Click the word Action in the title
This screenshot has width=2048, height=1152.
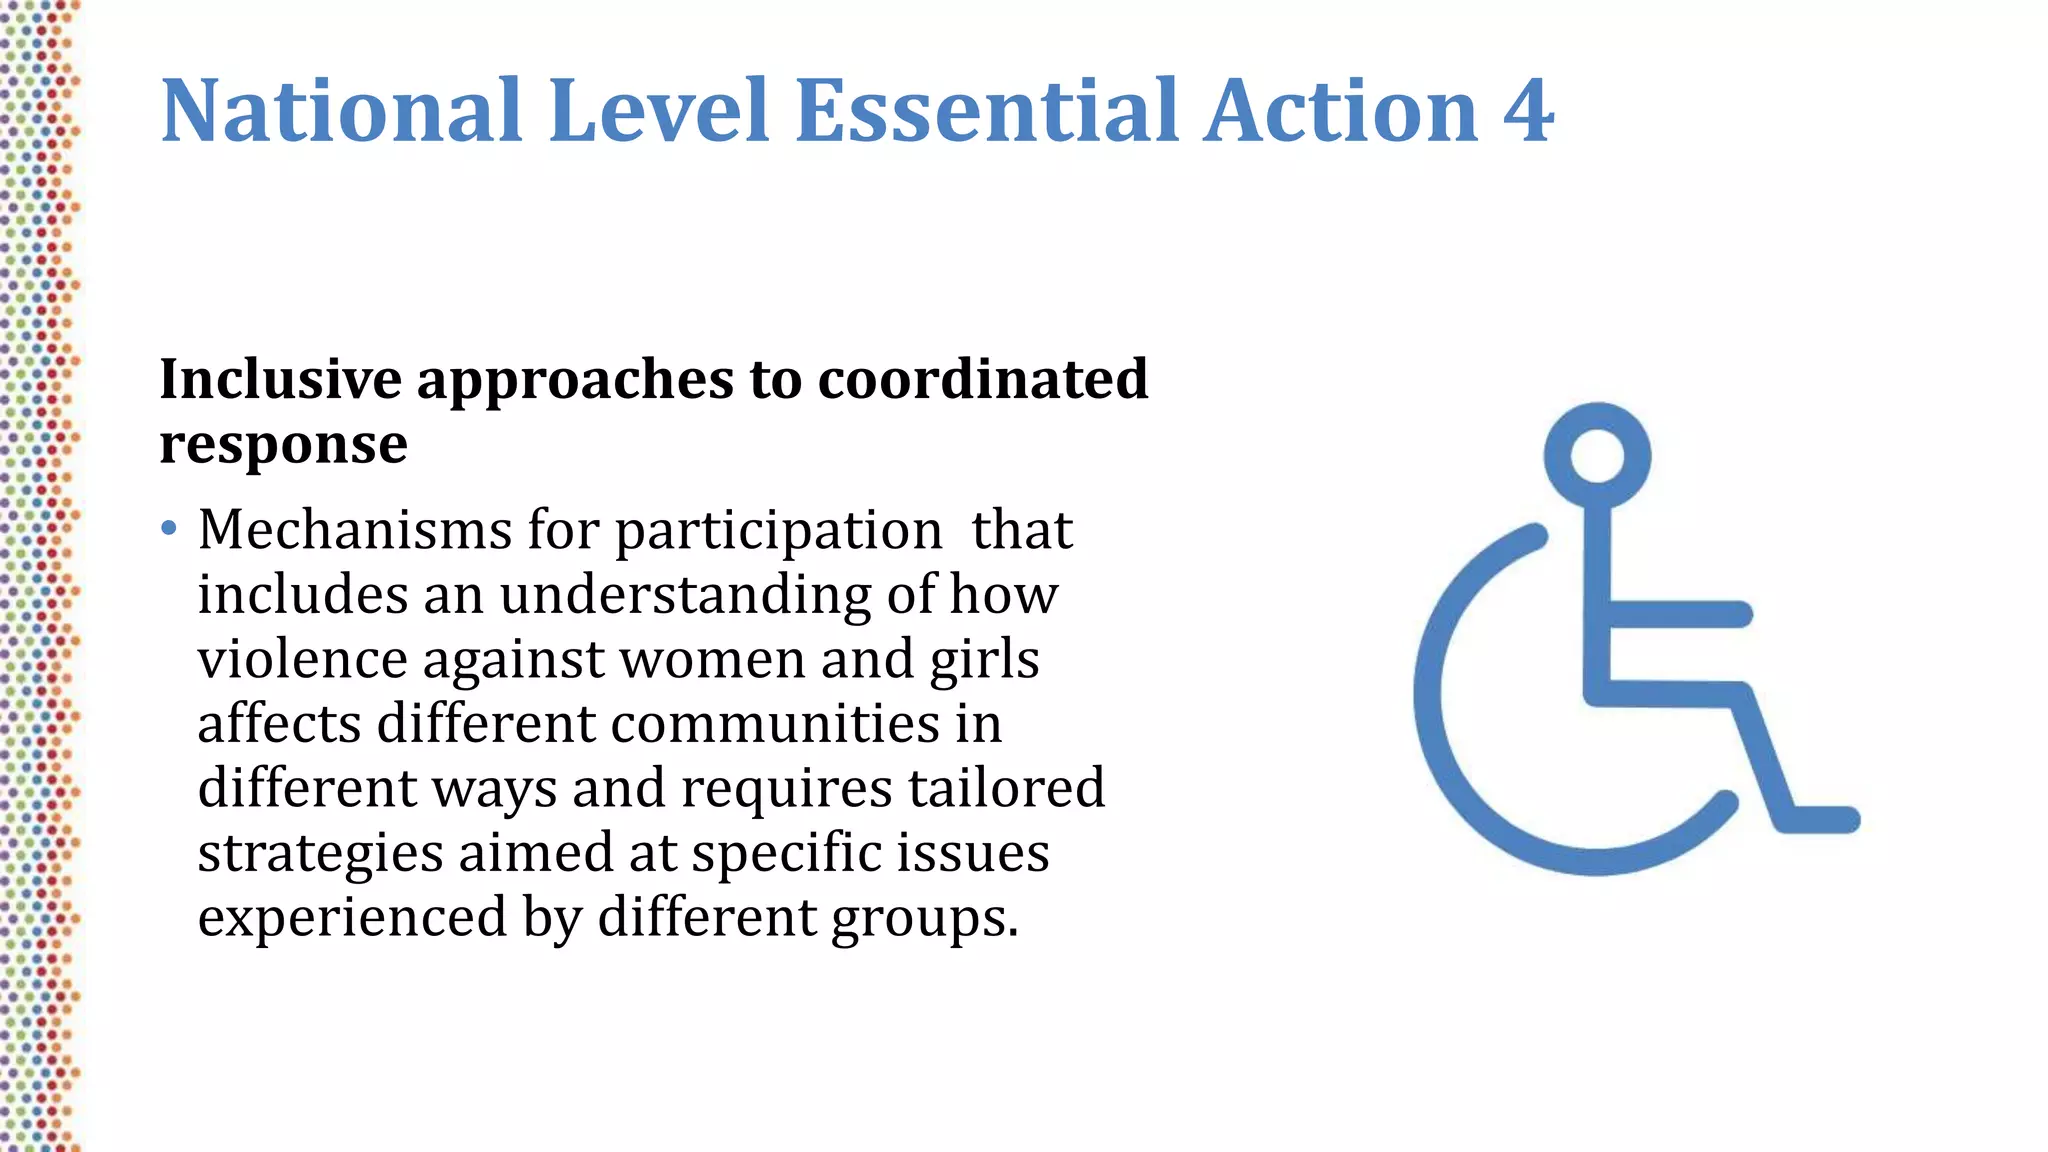pyautogui.click(x=1341, y=111)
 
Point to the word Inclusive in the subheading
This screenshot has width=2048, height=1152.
pyautogui.click(x=280, y=379)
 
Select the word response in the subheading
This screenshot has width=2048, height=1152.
pyautogui.click(x=283, y=444)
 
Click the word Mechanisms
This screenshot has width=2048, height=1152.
pyautogui.click(x=355, y=530)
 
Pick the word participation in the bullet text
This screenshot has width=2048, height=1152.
pyautogui.click(x=778, y=532)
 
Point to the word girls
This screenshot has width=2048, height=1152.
pyautogui.click(x=984, y=661)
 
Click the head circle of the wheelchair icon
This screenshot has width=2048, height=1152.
pyautogui.click(x=1597, y=455)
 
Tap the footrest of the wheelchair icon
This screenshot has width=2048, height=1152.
pyautogui.click(x=1819, y=819)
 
